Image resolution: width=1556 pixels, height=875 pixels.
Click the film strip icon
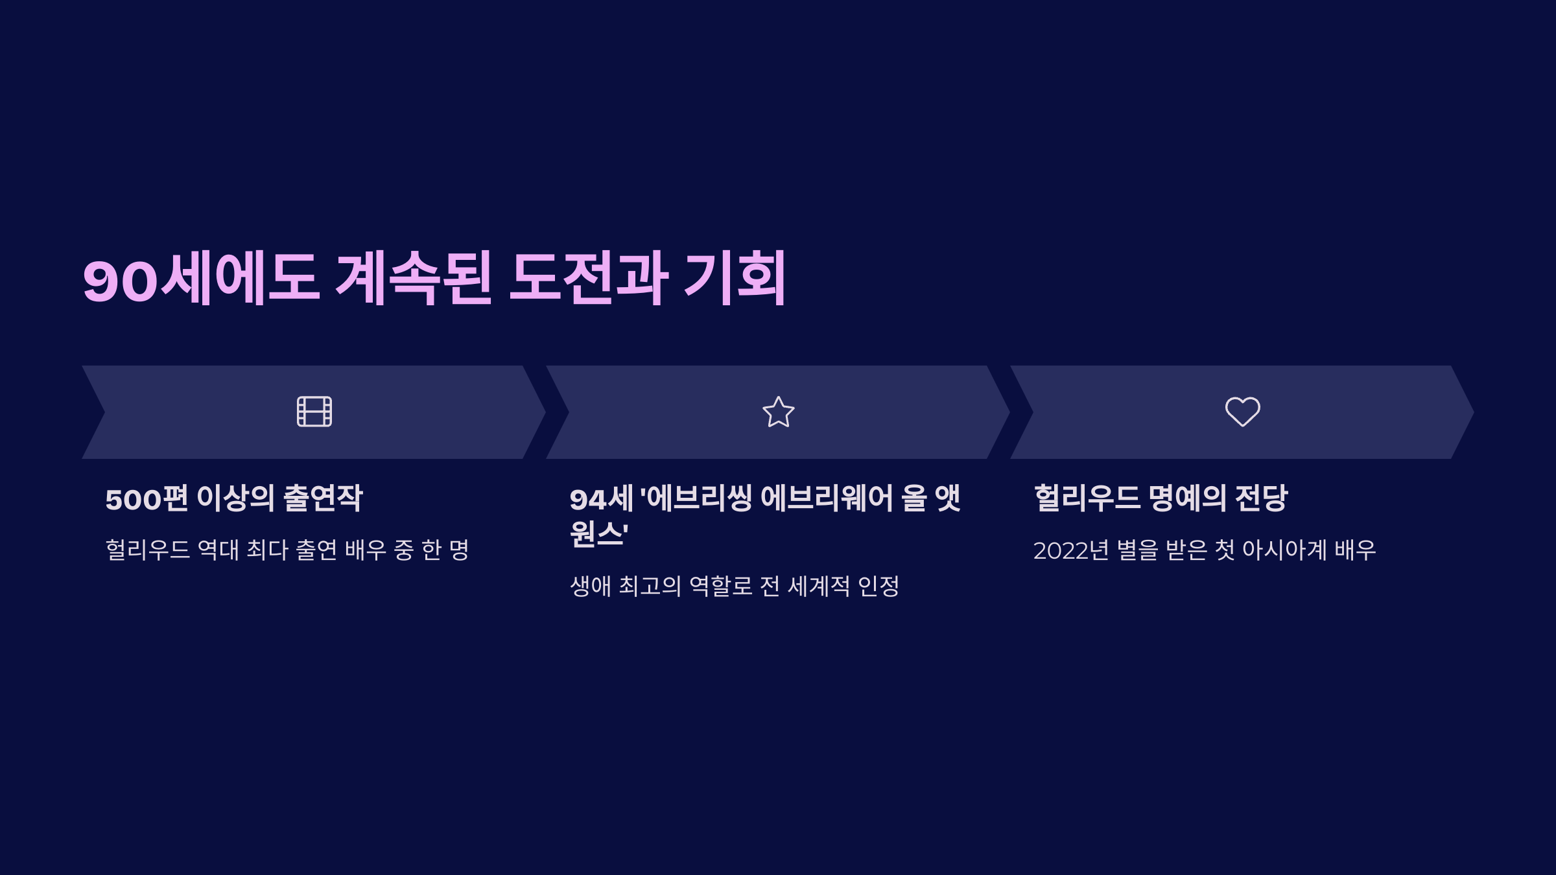[x=314, y=412]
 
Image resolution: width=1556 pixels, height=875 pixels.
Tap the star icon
[x=778, y=412]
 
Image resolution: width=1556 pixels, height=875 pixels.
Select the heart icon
[x=1242, y=412]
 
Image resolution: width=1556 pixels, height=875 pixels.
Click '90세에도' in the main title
[x=201, y=279]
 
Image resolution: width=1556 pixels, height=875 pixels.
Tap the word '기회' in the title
[x=735, y=279]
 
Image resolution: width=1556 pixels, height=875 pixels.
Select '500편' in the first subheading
[x=147, y=498]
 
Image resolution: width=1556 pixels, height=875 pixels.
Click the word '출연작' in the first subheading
[x=323, y=498]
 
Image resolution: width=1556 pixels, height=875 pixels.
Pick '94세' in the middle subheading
[x=601, y=498]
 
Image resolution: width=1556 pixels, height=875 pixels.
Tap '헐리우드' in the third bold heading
[x=1087, y=498]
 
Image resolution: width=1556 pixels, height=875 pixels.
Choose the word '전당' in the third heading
[x=1261, y=498]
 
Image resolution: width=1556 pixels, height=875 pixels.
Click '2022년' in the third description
[x=1071, y=550]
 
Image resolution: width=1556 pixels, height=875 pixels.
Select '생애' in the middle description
[x=591, y=587]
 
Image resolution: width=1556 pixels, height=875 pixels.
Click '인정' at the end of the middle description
[x=878, y=587]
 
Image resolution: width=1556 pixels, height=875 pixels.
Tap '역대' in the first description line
[x=218, y=550]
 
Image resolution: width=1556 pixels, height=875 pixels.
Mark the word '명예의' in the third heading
[x=1187, y=498]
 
